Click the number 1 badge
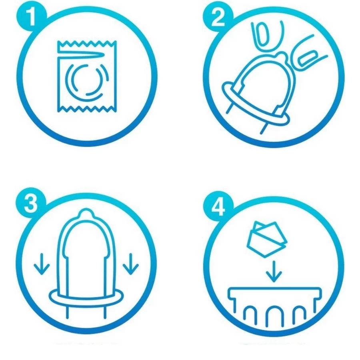coord(32,16)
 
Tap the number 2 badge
coord(218,18)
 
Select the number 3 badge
coord(30,203)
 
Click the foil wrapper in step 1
coord(87,76)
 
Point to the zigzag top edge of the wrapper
coord(87,43)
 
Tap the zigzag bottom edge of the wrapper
coord(87,109)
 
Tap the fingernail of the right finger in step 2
coord(308,58)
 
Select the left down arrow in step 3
coord(42,264)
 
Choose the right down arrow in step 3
coord(131,264)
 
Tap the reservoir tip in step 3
coord(86,213)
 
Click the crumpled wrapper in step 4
coord(266,239)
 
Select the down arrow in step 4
coord(274,272)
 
